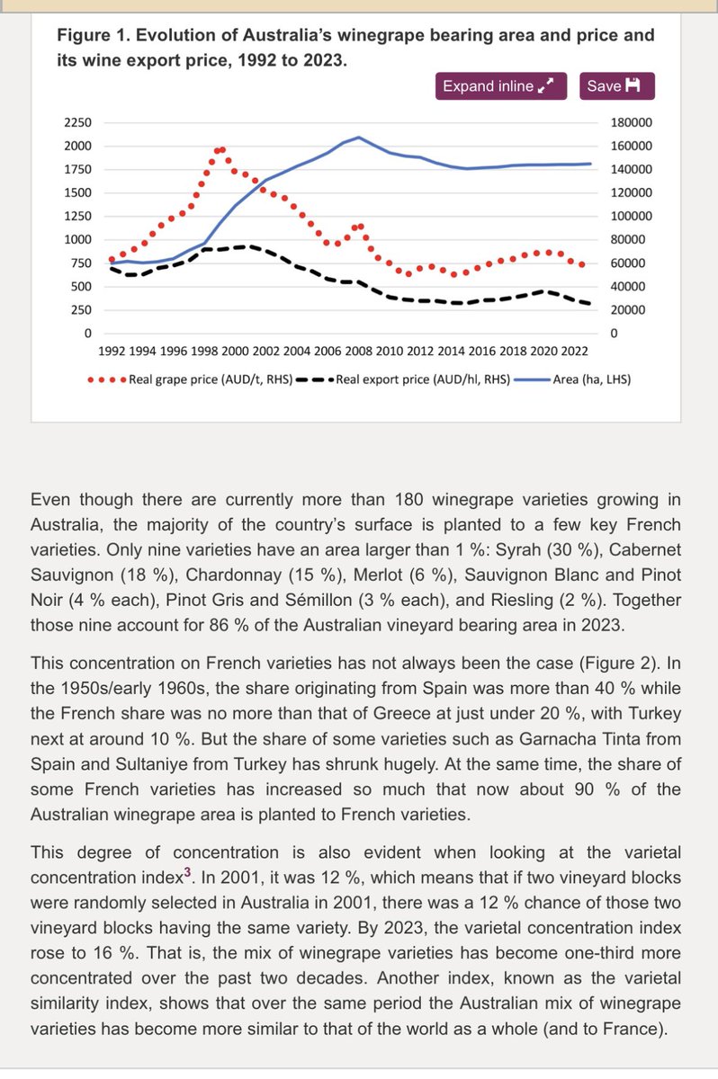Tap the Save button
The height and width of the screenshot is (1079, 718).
coord(616,86)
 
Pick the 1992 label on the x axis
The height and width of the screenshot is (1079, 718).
coord(112,351)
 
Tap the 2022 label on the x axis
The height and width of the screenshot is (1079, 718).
coord(575,351)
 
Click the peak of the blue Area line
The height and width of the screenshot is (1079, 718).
coord(359,138)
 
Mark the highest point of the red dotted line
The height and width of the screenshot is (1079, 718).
coord(220,149)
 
